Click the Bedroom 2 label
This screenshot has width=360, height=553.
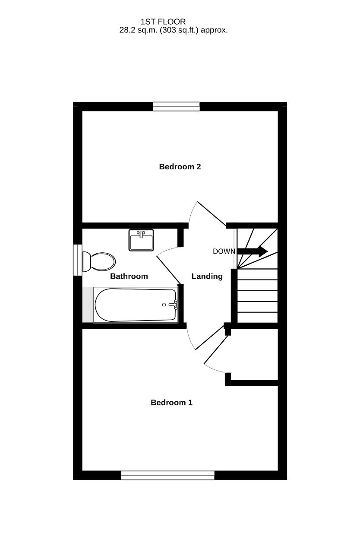[180, 167]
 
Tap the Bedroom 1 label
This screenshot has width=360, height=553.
[171, 402]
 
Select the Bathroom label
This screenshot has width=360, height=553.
[129, 276]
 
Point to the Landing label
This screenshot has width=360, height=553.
[207, 276]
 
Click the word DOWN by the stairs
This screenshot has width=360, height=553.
[224, 251]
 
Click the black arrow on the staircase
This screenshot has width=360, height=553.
[252, 251]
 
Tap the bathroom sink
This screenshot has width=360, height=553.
[141, 240]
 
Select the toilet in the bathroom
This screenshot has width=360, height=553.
[99, 262]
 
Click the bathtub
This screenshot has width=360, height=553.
[136, 305]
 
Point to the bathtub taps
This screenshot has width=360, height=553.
[174, 305]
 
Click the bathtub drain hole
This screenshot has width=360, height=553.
[164, 305]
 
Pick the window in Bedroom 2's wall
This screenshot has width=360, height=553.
[176, 107]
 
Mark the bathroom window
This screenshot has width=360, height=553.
[78, 260]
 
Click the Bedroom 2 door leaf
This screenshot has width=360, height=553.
[212, 214]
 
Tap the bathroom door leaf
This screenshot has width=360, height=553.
[169, 270]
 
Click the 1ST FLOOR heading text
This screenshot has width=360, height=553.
[163, 22]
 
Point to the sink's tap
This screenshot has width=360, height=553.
[141, 234]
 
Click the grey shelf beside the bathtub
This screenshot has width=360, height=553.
[88, 305]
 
